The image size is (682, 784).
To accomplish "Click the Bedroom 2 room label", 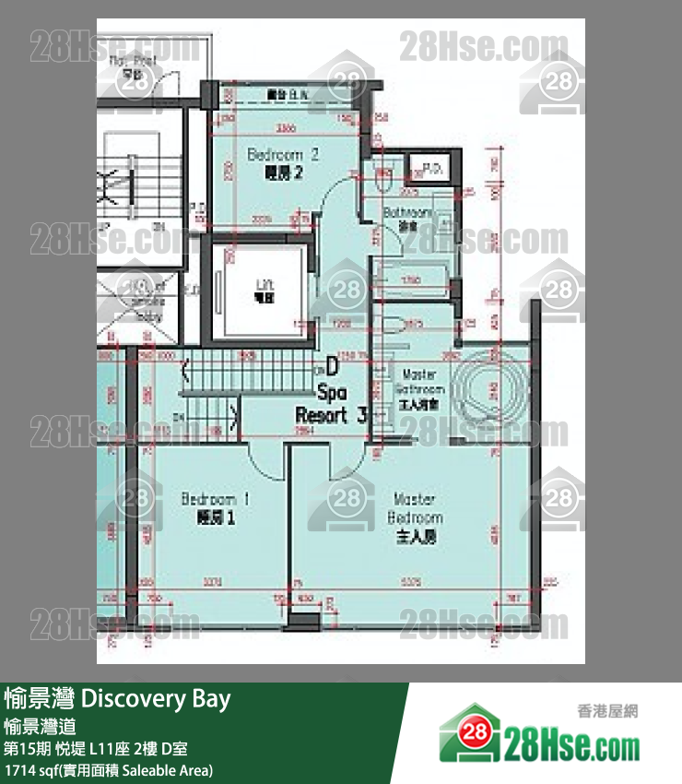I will [x=283, y=162].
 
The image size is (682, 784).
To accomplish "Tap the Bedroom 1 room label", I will [x=217, y=508].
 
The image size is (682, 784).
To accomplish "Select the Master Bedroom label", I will [x=415, y=517].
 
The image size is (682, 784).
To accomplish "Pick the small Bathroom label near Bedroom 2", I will [x=403, y=219].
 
